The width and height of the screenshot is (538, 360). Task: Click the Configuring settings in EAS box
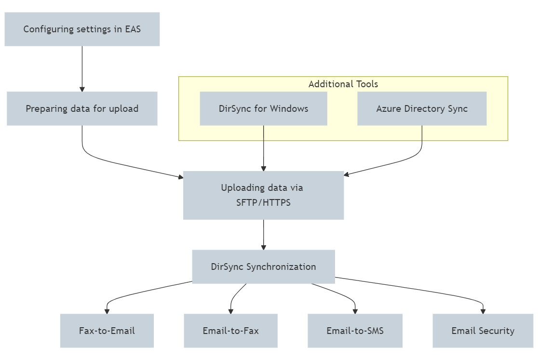point(82,29)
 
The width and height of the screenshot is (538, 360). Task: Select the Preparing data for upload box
point(82,108)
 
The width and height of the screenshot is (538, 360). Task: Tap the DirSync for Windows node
point(263,108)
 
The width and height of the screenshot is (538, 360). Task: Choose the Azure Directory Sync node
point(422,108)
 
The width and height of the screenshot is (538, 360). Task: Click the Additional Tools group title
point(343,84)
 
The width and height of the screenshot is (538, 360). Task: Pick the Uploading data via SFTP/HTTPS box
point(263,195)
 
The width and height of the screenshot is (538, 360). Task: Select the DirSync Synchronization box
point(263,267)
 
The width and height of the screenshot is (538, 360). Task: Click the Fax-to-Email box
point(107,331)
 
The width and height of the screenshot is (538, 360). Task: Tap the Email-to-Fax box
point(230,331)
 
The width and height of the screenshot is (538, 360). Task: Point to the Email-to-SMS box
point(355,331)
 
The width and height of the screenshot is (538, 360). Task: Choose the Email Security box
point(483,331)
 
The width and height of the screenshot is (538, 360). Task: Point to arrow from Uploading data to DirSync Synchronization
point(263,234)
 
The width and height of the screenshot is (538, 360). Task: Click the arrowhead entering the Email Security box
point(483,311)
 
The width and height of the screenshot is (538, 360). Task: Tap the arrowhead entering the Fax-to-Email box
point(107,311)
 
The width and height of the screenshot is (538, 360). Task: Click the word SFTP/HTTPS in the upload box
point(263,203)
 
